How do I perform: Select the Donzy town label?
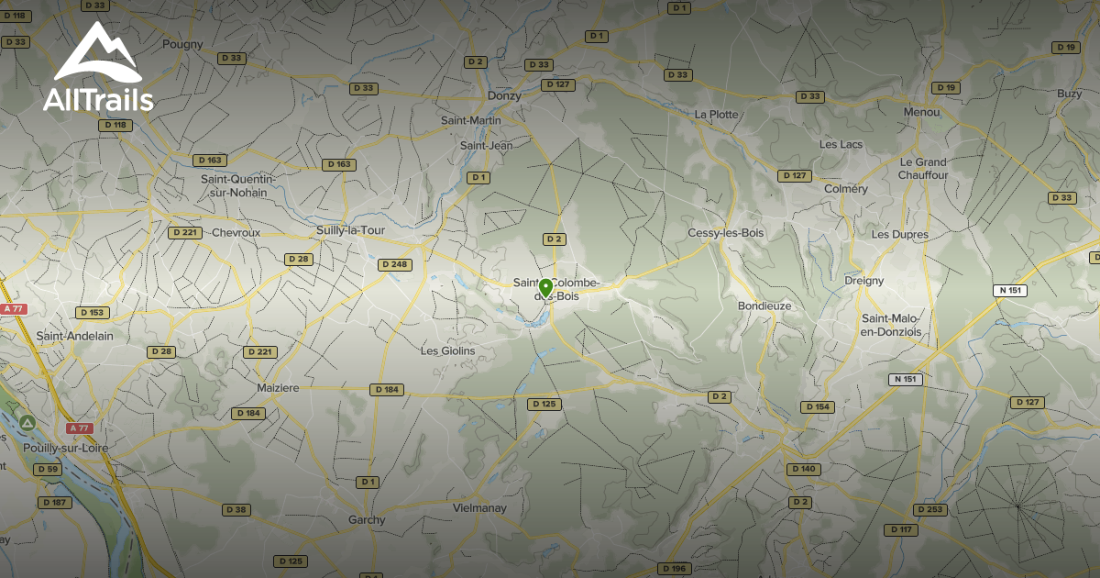[x=504, y=95]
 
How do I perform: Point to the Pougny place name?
[x=181, y=43]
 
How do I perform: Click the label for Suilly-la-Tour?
[x=350, y=230]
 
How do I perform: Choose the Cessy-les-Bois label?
[x=726, y=233]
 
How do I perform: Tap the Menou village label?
[x=921, y=112]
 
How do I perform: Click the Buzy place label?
[x=1069, y=94]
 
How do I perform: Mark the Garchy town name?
[x=367, y=519]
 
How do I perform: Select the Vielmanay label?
[x=480, y=507]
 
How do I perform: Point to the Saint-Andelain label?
[x=75, y=336]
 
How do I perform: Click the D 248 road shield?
[x=394, y=265]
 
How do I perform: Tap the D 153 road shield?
[x=92, y=313]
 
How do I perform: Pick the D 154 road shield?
[x=818, y=406]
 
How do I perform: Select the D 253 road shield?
[x=929, y=509]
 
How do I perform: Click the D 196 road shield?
[x=674, y=569]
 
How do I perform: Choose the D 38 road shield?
[x=236, y=509]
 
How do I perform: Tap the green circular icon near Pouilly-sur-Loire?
[x=28, y=423]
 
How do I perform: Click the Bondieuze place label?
[x=764, y=306]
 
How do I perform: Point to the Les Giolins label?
[x=448, y=350]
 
